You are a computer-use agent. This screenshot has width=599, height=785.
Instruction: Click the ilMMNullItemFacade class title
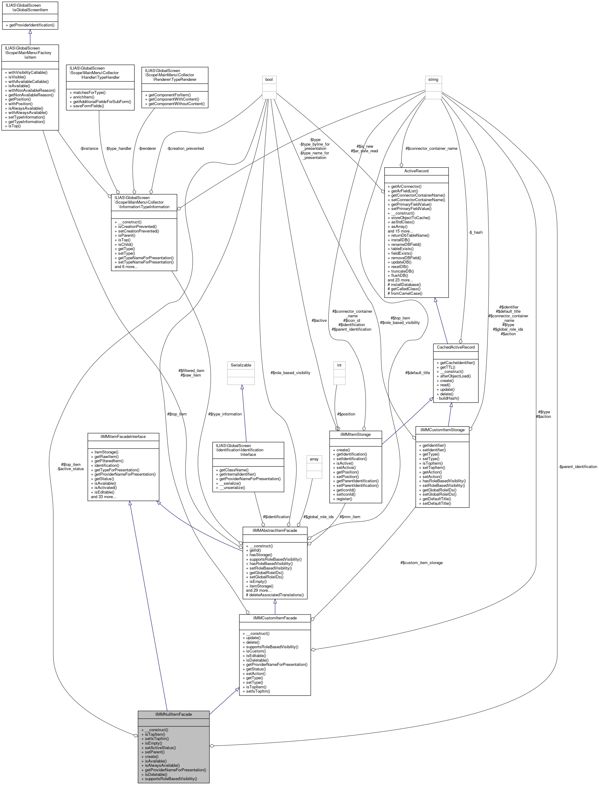173,714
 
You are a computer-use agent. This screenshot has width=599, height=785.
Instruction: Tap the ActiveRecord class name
416,171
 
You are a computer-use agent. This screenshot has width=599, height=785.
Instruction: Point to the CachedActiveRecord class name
455,347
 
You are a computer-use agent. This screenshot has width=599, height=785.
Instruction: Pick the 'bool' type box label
269,79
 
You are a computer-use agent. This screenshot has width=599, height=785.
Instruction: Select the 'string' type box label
433,79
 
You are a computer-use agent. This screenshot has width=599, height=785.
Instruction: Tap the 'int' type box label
339,365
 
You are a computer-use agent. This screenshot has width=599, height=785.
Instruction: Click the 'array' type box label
314,459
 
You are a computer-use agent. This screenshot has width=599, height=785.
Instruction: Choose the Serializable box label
241,365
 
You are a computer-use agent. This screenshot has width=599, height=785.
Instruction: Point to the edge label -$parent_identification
578,467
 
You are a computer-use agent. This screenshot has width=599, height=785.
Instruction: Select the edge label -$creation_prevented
185,149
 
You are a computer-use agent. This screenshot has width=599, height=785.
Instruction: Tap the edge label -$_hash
476,232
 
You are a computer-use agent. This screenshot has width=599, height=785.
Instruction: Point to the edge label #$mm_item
350,517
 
